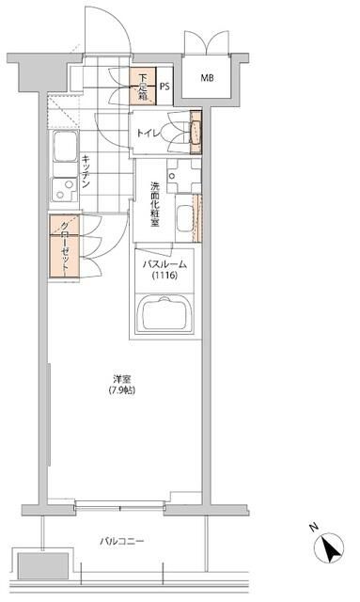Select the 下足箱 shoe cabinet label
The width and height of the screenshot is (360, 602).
pyautogui.click(x=141, y=86)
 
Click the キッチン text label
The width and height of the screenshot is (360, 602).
pyautogui.click(x=86, y=171)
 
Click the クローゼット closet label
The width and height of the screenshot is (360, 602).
pyautogui.click(x=64, y=246)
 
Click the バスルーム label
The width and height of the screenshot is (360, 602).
pyautogui.click(x=166, y=264)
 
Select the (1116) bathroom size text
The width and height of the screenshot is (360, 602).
pyautogui.click(x=166, y=277)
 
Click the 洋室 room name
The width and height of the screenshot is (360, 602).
pyautogui.click(x=120, y=379)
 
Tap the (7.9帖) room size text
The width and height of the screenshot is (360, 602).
pyautogui.click(x=120, y=390)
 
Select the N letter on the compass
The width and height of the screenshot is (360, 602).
pyautogui.click(x=313, y=527)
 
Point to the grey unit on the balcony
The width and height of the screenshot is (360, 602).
pyautogui.click(x=40, y=562)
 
